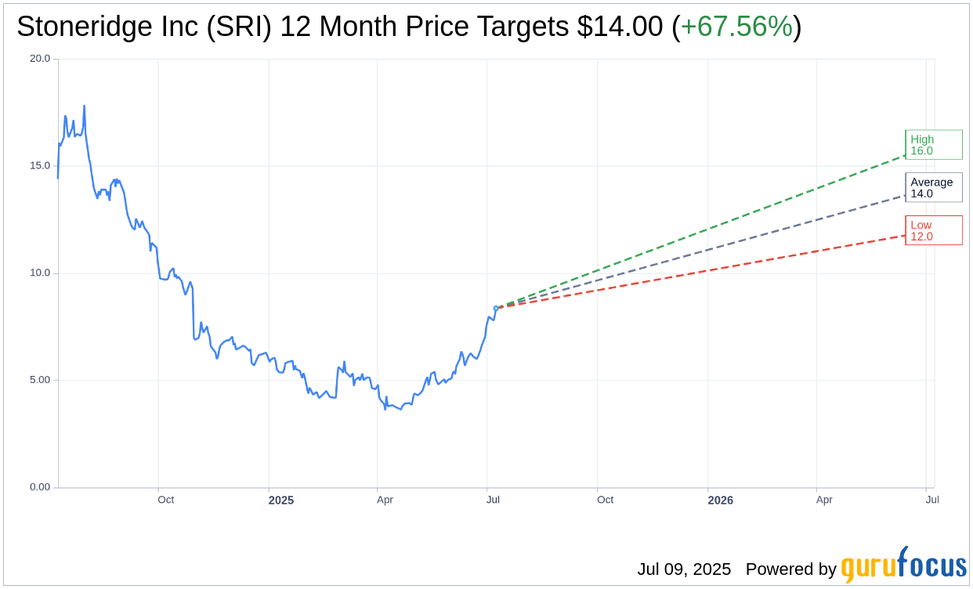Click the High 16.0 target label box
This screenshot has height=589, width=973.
pyautogui.click(x=933, y=145)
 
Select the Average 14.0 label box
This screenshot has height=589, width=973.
pyautogui.click(x=933, y=188)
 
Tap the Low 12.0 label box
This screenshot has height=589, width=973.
pyautogui.click(x=933, y=230)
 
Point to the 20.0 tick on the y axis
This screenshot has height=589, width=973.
pyautogui.click(x=40, y=58)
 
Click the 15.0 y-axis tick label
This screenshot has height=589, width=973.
pyautogui.click(x=40, y=165)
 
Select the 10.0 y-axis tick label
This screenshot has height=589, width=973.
pyautogui.click(x=40, y=273)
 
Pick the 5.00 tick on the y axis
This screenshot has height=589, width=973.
pyautogui.click(x=40, y=380)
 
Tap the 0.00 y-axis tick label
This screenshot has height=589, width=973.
pyautogui.click(x=40, y=487)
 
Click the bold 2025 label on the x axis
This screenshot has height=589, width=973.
pyautogui.click(x=280, y=500)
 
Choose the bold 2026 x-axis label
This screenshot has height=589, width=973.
pyautogui.click(x=720, y=500)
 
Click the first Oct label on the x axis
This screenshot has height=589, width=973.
pyautogui.click(x=165, y=500)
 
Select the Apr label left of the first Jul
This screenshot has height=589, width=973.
pyautogui.click(x=385, y=500)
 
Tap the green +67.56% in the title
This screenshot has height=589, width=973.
pyautogui.click(x=736, y=27)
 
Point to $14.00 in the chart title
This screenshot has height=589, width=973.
pyautogui.click(x=620, y=27)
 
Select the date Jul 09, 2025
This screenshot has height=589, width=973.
pyautogui.click(x=683, y=569)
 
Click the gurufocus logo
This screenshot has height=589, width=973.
pyautogui.click(x=903, y=566)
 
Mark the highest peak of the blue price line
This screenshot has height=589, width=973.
pyautogui.click(x=84, y=106)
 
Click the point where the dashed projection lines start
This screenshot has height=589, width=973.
pyautogui.click(x=496, y=308)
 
